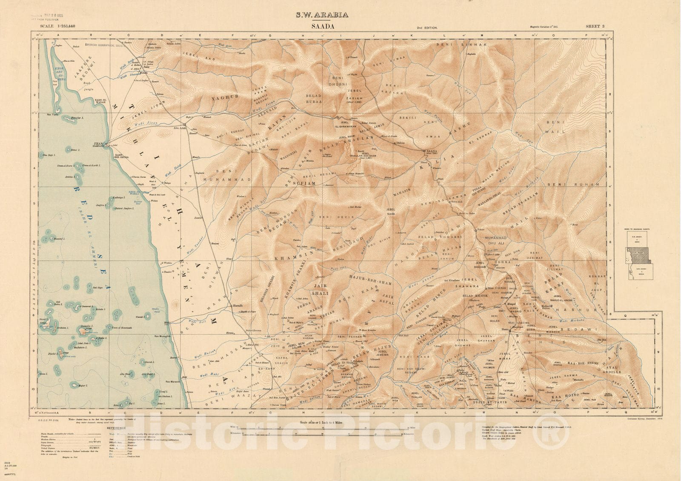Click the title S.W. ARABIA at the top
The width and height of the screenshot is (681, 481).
tap(322, 15)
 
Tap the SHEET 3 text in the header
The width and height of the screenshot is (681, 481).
tap(595, 26)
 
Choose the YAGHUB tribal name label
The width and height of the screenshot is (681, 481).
tap(223, 98)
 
